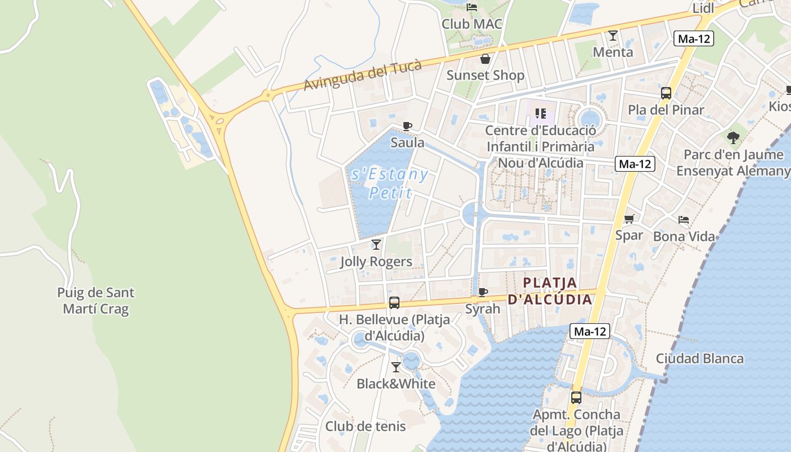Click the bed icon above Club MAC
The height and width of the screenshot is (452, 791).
[x=472, y=7]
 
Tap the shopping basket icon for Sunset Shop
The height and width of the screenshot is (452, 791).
[x=485, y=59]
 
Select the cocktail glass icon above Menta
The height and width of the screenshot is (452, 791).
[x=612, y=36]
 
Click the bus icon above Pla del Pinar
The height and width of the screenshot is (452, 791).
[x=666, y=93]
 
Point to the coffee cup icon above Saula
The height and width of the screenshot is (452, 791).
[x=407, y=126]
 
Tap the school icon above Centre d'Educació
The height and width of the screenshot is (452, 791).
[x=540, y=114]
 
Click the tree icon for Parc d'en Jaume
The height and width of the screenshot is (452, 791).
[x=733, y=137]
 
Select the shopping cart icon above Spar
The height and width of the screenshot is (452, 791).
[x=629, y=219]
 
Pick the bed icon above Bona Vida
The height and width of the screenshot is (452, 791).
[x=684, y=219]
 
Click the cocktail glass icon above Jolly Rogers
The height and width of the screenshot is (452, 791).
[x=376, y=245]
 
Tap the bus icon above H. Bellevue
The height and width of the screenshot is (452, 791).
[x=394, y=303]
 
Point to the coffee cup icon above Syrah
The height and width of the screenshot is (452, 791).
[x=483, y=292]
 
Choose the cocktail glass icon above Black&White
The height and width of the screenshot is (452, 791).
[x=395, y=367]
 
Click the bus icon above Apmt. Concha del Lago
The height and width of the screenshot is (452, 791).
[x=576, y=398]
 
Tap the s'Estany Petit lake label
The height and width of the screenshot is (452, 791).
[x=390, y=183]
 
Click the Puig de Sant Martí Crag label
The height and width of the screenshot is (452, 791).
[x=96, y=301]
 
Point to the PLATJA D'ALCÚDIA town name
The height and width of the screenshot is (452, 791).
[x=550, y=290]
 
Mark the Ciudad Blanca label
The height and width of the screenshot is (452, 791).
[x=699, y=359]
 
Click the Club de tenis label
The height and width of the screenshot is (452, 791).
[x=366, y=427]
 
